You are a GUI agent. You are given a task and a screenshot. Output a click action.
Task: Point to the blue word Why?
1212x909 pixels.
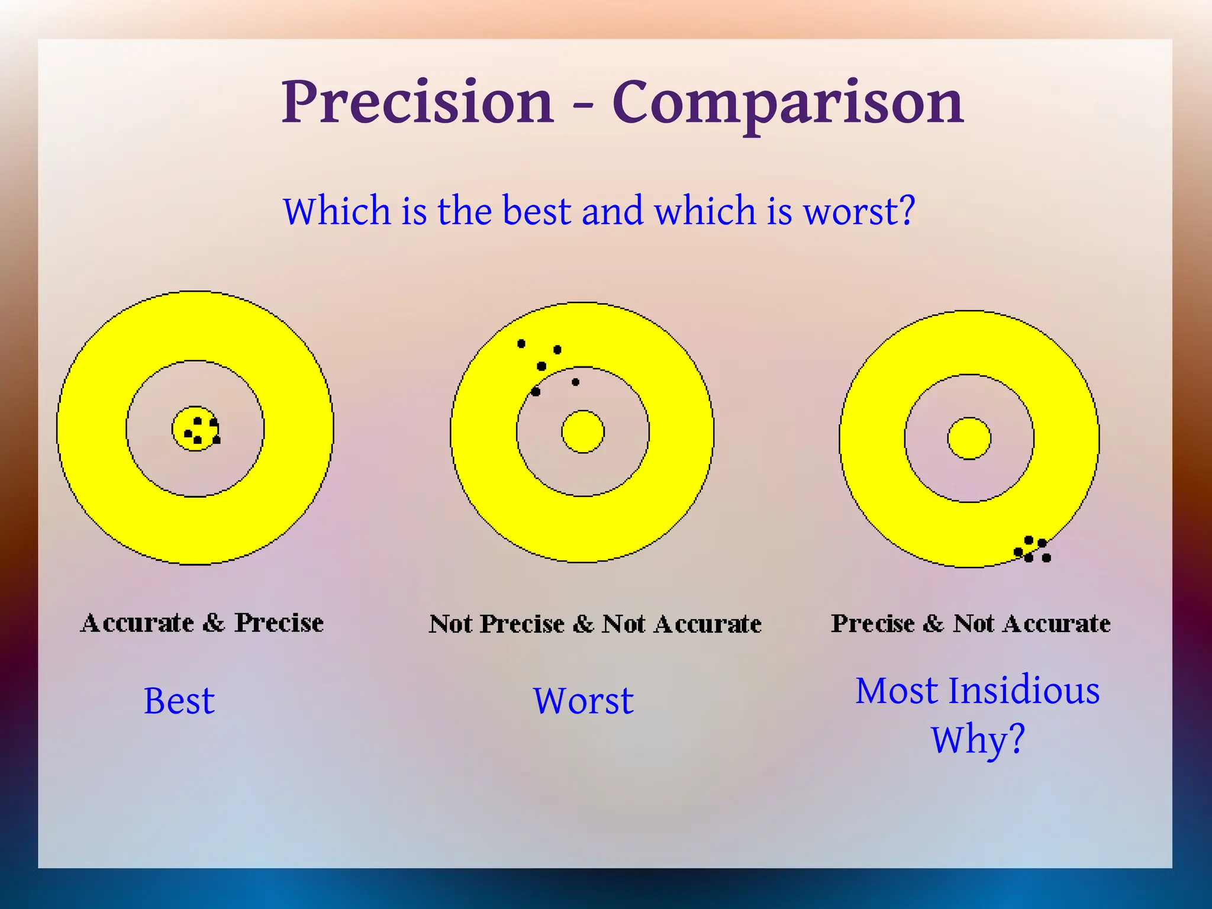coord(978,739)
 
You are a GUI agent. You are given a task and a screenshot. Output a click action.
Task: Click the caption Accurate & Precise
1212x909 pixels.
coord(202,623)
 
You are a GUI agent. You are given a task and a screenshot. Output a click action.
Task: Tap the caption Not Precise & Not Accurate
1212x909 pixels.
coord(595,624)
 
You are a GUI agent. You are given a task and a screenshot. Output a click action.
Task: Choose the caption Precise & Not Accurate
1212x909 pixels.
coord(971,623)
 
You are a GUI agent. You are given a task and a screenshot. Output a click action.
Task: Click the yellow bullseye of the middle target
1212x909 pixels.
coord(583,432)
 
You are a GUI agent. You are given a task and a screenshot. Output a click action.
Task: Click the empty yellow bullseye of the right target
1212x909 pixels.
coord(969,438)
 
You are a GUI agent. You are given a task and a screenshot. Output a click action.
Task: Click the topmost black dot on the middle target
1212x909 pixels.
coord(521,343)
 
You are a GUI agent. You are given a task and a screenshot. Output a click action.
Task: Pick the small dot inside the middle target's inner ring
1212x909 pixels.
coord(575,382)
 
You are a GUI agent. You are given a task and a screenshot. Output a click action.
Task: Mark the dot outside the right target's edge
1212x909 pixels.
coord(1046,557)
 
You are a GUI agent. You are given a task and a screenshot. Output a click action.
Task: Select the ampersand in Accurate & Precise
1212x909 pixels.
coord(214,623)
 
